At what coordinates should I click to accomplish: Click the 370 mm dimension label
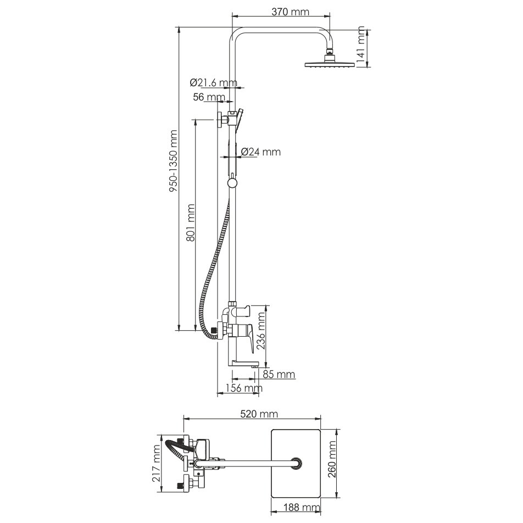pos(290,12)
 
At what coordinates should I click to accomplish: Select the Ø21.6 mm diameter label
pos(214,82)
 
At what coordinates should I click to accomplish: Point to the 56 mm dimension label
pos(209,97)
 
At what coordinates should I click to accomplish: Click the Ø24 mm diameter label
pos(260,152)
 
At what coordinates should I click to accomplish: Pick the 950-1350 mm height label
pos(173,161)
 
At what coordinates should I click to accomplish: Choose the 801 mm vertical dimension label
pos(190,222)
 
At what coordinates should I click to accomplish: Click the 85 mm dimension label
pos(279,374)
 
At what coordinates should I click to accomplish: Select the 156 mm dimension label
pos(244,388)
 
